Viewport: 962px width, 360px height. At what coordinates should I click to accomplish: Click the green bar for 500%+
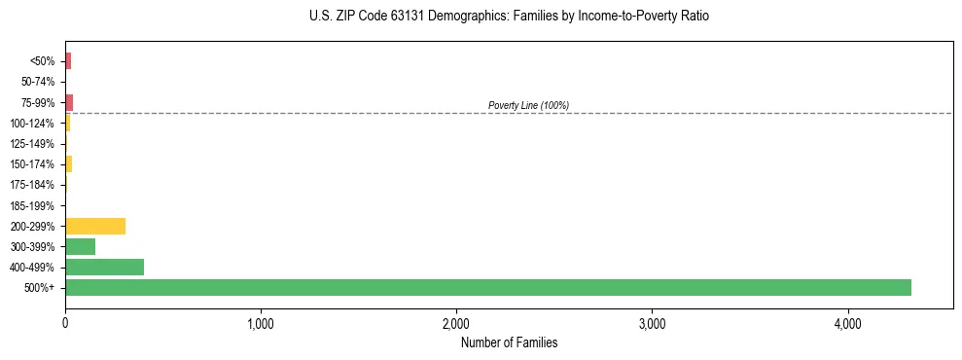click(x=487, y=287)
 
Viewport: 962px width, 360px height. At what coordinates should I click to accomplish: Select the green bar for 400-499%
click(x=104, y=267)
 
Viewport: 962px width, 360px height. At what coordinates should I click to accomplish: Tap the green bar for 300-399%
click(x=80, y=246)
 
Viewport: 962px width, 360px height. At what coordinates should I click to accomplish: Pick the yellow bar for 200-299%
click(x=94, y=226)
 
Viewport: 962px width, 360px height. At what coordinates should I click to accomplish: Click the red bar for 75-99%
click(x=69, y=102)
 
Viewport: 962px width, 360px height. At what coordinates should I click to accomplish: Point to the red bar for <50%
click(x=68, y=61)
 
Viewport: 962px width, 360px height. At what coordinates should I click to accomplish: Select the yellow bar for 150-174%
click(x=68, y=163)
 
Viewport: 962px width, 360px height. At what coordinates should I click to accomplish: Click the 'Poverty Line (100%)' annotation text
click(x=528, y=105)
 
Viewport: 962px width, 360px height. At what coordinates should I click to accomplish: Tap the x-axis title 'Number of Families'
click(x=509, y=342)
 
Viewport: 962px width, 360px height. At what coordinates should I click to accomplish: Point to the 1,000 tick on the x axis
click(x=261, y=324)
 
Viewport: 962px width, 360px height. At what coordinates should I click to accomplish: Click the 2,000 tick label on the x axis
click(x=456, y=324)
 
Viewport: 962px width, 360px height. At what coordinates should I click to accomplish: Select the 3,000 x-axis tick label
click(x=652, y=324)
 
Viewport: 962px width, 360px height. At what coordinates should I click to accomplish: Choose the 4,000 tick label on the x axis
click(x=847, y=324)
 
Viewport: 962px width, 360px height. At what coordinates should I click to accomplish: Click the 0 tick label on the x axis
click(x=65, y=324)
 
